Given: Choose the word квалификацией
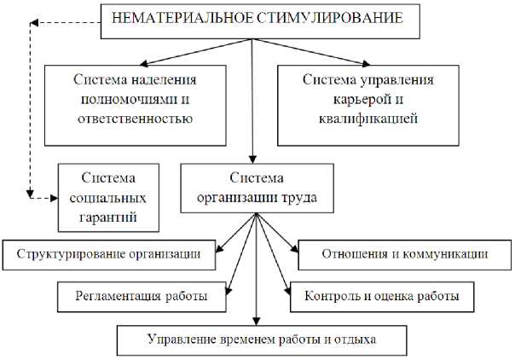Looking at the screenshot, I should click(369, 118).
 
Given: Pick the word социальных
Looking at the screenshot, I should click(109, 198).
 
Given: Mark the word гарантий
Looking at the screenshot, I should click(109, 217).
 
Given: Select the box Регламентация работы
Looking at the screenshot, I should click(142, 296).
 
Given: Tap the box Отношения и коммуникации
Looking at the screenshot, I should click(404, 253).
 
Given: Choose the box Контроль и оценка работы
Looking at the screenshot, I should click(382, 296).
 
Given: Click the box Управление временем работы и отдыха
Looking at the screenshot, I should click(262, 340).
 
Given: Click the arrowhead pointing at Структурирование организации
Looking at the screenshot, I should click(218, 250).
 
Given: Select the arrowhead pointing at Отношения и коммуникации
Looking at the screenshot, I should click(293, 250).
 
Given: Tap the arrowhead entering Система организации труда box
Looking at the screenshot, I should click(252, 159).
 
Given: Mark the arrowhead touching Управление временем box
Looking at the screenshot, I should click(257, 322).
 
